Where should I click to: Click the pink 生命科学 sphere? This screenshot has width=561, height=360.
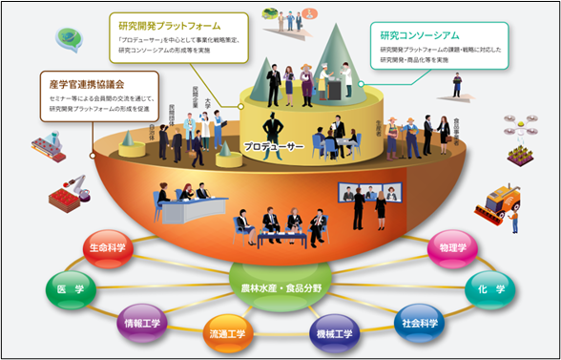[x=107, y=248]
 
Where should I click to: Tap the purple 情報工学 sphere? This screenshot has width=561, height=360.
[x=142, y=324]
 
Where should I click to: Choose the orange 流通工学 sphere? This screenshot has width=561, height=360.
[x=227, y=334]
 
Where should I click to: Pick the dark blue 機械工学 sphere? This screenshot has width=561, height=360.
[x=334, y=333]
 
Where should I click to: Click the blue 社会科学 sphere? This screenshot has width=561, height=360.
[x=419, y=324]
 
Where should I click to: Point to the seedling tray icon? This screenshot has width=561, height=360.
[x=517, y=151]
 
